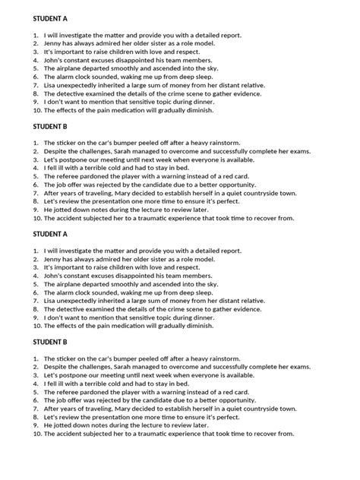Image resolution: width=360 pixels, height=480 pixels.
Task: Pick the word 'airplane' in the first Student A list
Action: (73, 67)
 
